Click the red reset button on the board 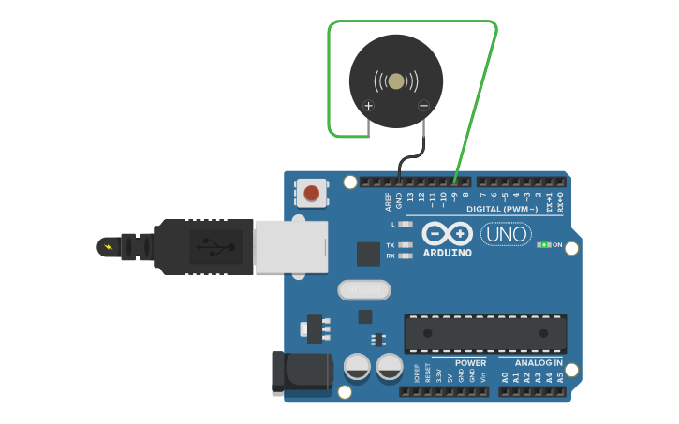click(x=312, y=193)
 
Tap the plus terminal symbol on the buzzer click(x=368, y=106)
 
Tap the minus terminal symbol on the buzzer click(x=423, y=106)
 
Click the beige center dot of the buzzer click(x=396, y=82)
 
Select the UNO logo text click(x=506, y=234)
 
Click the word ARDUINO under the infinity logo click(x=447, y=253)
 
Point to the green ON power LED click(x=543, y=245)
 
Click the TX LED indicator click(x=405, y=245)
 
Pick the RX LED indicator click(x=405, y=256)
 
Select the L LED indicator click(x=405, y=225)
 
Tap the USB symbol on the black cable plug click(x=216, y=247)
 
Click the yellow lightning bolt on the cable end click(x=110, y=247)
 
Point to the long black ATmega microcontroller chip click(x=485, y=333)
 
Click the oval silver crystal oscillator click(x=363, y=291)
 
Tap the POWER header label click(x=471, y=362)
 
